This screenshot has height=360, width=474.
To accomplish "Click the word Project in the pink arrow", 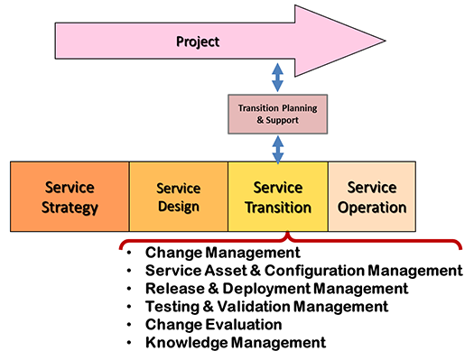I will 198,42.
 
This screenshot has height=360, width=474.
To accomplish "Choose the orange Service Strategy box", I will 70,198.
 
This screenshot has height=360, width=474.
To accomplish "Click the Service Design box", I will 178,198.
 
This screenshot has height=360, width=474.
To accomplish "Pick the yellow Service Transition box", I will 277,198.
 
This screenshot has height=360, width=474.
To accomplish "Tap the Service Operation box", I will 371,198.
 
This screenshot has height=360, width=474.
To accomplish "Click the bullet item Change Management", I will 222,253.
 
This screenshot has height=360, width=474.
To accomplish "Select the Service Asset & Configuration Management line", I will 303,271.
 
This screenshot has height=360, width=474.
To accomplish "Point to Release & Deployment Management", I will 276,289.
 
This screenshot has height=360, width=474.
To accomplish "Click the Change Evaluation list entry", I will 213,325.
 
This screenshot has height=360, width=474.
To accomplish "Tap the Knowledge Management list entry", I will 235,343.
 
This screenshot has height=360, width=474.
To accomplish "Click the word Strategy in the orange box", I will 70,208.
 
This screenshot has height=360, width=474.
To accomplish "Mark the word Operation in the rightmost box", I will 371,208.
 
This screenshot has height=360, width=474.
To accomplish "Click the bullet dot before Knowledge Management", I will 132,343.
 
